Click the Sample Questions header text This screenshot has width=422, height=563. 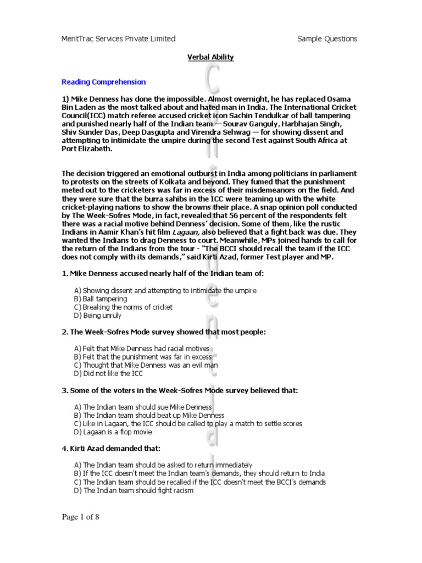327,38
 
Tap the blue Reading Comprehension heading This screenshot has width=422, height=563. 103,82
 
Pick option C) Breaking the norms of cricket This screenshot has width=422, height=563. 123,307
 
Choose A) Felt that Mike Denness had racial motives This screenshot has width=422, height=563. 141,349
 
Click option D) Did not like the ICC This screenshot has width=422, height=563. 108,374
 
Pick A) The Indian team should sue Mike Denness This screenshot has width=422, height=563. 143,407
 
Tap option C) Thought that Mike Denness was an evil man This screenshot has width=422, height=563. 146,365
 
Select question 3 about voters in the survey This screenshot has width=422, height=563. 179,390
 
